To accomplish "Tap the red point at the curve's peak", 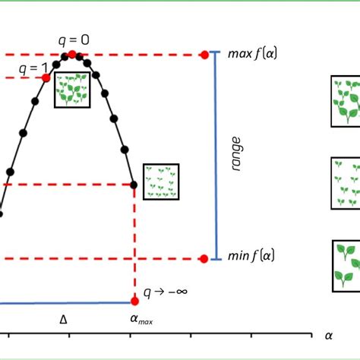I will [72, 54].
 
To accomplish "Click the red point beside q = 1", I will [46, 78].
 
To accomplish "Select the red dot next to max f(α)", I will [204, 55].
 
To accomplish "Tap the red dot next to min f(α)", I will [204, 259].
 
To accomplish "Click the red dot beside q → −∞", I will [135, 301].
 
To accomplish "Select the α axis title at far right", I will [329, 334].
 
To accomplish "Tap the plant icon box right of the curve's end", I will [161, 182].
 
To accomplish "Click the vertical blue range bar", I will [217, 156].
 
